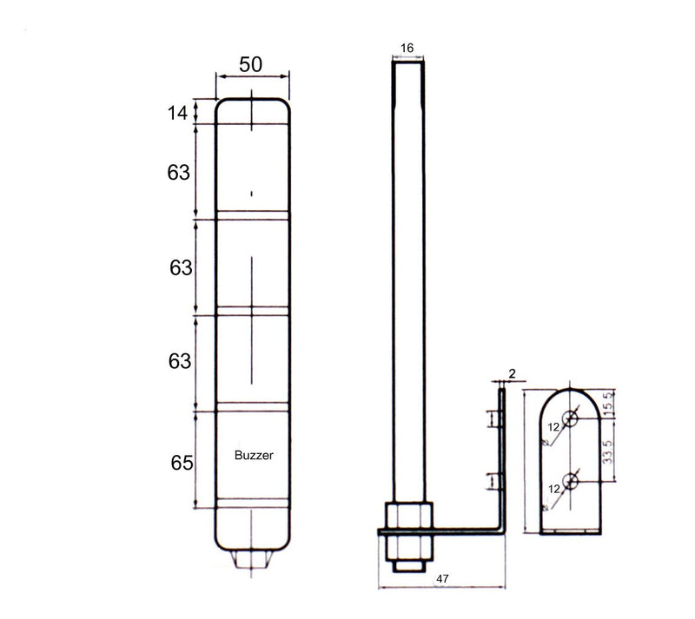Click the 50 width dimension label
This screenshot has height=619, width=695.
[250, 64]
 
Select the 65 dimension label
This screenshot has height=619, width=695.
[181, 462]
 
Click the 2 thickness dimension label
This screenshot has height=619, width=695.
[513, 373]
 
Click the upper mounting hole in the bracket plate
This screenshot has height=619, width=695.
[570, 418]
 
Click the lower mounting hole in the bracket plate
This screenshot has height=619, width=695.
[570, 480]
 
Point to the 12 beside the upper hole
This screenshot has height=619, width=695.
[553, 427]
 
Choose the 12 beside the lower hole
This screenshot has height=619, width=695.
[553, 489]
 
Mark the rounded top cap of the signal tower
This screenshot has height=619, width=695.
[252, 110]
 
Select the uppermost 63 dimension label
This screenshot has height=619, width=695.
[179, 173]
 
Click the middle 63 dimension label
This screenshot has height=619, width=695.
[181, 268]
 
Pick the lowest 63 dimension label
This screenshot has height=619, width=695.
[180, 360]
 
